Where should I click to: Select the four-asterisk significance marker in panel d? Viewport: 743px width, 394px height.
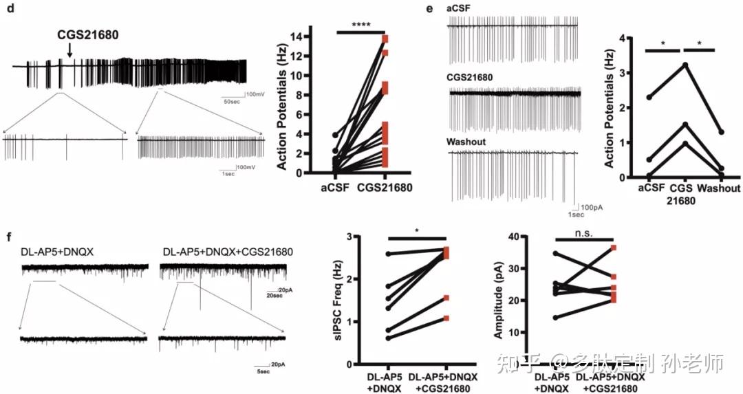point(361,25)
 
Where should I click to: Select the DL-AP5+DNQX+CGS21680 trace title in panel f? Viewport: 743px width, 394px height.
point(228,252)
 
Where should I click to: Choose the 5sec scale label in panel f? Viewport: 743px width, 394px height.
point(258,372)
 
